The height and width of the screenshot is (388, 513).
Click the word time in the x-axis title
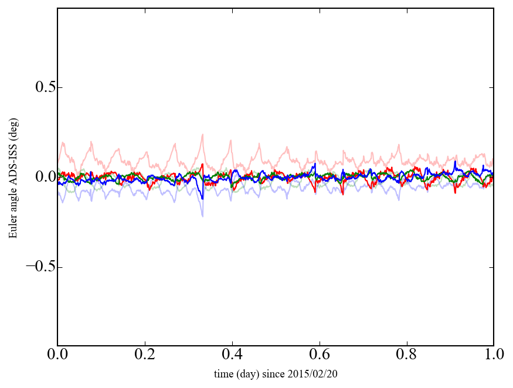223,373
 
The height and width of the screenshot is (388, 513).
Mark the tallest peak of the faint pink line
203,134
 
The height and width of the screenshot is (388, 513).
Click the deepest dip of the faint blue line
203,216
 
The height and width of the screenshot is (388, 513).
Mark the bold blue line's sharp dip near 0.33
203,199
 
